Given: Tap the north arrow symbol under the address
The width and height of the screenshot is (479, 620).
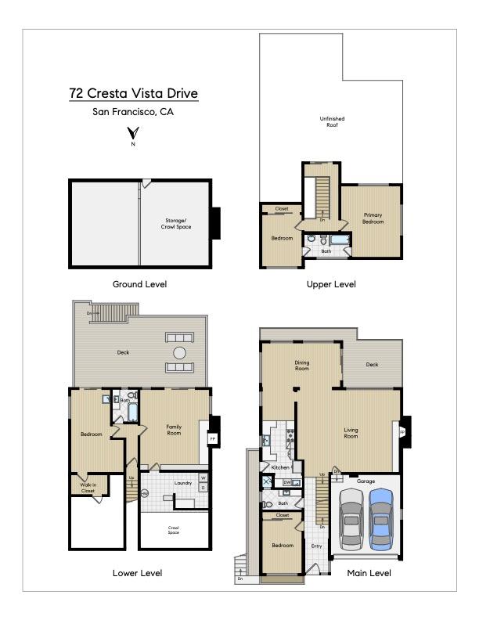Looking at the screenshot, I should (133, 135).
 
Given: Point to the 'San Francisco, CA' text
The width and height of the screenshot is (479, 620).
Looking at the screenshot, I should (133, 112).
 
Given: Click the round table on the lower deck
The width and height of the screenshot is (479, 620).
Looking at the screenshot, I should (180, 353).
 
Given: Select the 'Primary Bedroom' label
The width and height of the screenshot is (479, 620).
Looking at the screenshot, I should (373, 218).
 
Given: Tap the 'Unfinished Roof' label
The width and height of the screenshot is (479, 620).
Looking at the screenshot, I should (332, 121).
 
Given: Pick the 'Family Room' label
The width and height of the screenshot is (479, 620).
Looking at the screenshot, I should (174, 430).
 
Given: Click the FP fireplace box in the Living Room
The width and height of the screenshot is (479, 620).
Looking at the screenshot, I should (402, 431).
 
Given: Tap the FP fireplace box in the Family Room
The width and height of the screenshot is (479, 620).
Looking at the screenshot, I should (211, 439).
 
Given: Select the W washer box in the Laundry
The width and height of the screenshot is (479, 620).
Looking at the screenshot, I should (203, 478).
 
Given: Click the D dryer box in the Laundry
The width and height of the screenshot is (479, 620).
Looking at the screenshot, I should (203, 488).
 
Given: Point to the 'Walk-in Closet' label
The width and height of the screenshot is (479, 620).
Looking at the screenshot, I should (88, 488).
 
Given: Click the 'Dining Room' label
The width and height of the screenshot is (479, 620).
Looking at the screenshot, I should (302, 365).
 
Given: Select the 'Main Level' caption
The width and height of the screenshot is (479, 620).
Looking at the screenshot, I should (369, 573).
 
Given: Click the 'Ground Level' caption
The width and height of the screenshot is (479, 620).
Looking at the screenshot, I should (139, 284).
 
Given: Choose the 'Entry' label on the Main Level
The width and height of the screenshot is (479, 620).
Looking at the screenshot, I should (316, 546).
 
